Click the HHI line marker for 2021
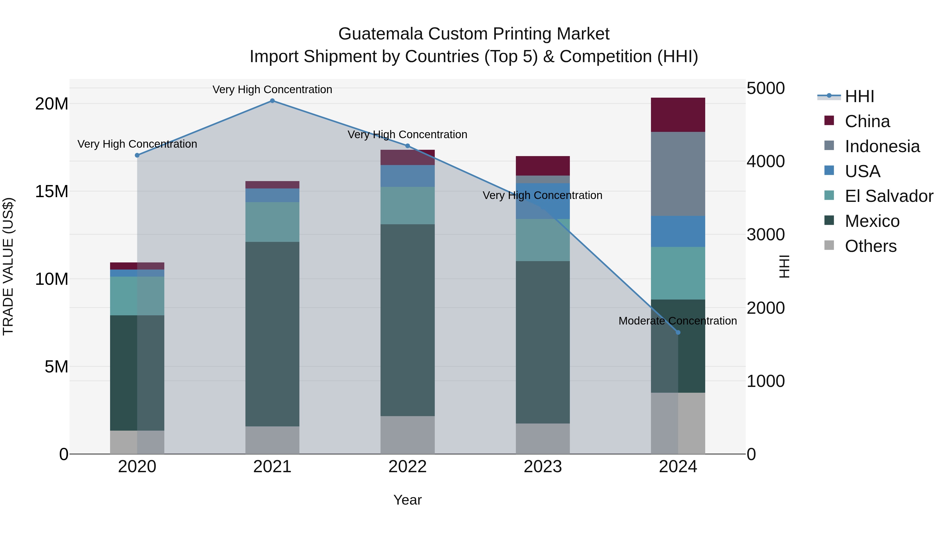pos(272,101)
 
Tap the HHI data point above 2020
pos(137,155)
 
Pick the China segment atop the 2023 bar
pos(542,166)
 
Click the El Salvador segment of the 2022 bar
pos(407,205)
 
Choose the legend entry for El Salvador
pos(888,196)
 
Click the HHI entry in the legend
pos(859,96)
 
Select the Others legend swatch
pos(829,245)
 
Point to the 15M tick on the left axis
pos(52,192)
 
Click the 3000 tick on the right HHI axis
pos(766,235)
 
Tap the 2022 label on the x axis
pos(407,467)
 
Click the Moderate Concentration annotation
pos(678,321)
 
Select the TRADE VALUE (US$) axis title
pos(8,266)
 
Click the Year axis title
pos(407,500)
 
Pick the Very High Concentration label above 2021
pos(272,89)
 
